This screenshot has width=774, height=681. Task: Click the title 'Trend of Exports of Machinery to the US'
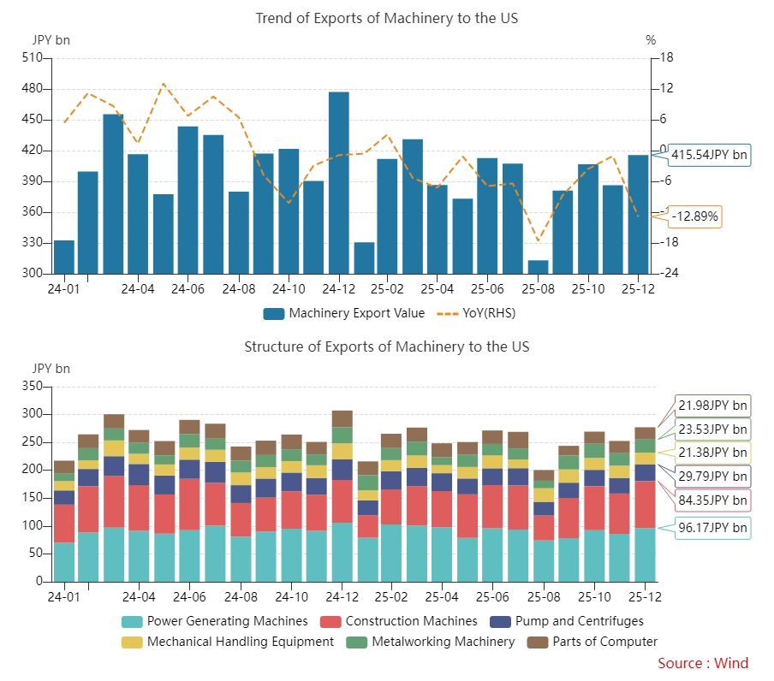tap(387, 18)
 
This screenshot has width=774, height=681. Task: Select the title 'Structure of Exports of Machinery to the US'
tap(387, 346)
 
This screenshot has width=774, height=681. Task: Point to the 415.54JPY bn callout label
tap(708, 155)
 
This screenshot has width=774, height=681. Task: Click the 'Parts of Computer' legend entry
tap(592, 642)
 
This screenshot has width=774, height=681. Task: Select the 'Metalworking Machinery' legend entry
tap(432, 642)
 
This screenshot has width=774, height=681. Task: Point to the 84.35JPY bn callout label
tap(711, 500)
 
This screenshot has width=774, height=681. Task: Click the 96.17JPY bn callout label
tap(711, 528)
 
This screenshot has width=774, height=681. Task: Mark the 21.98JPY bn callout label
tap(711, 406)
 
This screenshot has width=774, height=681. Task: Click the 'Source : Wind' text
tap(702, 663)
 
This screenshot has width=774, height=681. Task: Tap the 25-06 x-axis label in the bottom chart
tap(488, 597)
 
